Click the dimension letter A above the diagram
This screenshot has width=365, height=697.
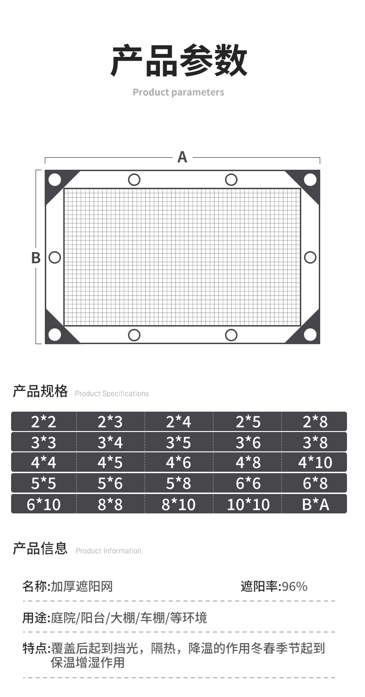pyautogui.click(x=182, y=157)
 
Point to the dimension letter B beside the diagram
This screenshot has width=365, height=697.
pyautogui.click(x=36, y=258)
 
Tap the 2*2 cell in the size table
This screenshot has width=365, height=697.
pyautogui.click(x=43, y=422)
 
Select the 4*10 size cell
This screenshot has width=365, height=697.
pyautogui.click(x=315, y=463)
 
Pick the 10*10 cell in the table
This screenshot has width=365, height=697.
pyautogui.click(x=248, y=505)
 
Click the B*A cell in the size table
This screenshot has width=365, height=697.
pyautogui.click(x=315, y=505)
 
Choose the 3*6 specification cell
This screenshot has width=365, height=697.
pyautogui.click(x=248, y=442)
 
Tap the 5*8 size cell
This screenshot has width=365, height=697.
pyautogui.click(x=178, y=483)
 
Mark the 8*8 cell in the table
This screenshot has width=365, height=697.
pyautogui.click(x=110, y=505)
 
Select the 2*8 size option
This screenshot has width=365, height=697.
pyautogui.click(x=315, y=422)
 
